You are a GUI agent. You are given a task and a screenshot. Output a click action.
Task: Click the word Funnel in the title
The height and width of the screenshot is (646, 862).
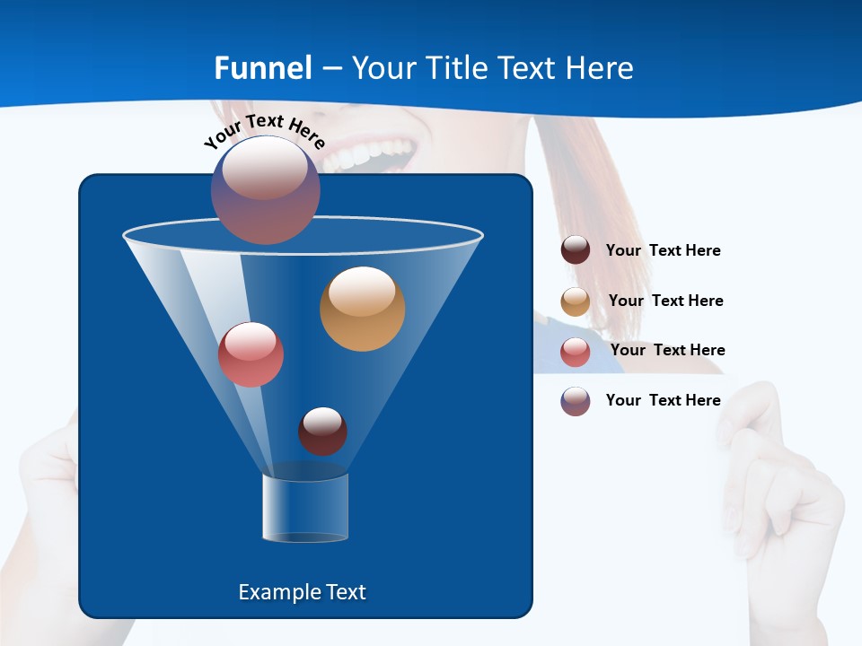pyautogui.click(x=263, y=68)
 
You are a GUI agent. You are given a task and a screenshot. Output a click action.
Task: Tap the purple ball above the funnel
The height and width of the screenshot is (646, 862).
pyautogui.click(x=265, y=190)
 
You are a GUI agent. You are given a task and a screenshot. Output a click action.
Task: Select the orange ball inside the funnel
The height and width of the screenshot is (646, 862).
pyautogui.click(x=362, y=309)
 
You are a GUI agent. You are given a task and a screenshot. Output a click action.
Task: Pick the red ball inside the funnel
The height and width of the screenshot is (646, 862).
pyautogui.click(x=251, y=354)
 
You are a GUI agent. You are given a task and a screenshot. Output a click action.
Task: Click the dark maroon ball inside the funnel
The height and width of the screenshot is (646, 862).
pyautogui.click(x=322, y=431)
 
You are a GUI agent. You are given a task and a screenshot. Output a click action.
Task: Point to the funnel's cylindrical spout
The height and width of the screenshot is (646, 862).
pyautogui.click(x=305, y=508)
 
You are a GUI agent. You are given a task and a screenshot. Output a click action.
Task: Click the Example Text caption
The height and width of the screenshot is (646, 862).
pyautogui.click(x=302, y=592)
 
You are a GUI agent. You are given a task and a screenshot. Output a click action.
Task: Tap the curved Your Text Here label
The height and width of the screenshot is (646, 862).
pyautogui.click(x=264, y=130)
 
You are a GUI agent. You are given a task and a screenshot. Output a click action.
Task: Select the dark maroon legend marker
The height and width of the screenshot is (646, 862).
pyautogui.click(x=576, y=250)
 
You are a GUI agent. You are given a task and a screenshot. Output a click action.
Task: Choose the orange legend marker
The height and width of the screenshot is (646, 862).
pyautogui.click(x=576, y=301)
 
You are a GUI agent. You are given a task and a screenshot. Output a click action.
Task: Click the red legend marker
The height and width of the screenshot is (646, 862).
pyautogui.click(x=576, y=352)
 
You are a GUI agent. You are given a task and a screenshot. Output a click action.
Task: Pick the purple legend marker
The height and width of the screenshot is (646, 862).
pyautogui.click(x=576, y=401)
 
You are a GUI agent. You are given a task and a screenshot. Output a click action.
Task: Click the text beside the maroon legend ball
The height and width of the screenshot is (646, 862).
pyautogui.click(x=663, y=250)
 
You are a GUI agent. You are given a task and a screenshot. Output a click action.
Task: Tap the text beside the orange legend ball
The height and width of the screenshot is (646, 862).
pyautogui.click(x=665, y=301)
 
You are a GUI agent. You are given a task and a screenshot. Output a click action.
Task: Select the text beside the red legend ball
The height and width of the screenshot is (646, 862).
pyautogui.click(x=667, y=350)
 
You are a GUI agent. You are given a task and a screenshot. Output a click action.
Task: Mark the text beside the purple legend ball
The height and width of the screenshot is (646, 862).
pyautogui.click(x=663, y=400)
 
